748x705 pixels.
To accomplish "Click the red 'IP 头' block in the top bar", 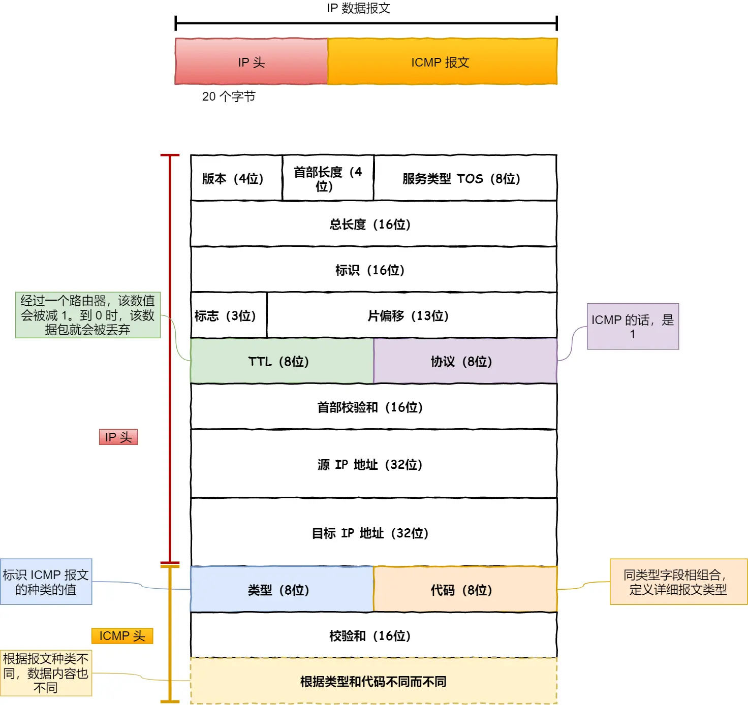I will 252,62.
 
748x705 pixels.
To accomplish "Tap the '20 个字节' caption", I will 229,97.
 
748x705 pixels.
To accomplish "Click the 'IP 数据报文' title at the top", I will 358,8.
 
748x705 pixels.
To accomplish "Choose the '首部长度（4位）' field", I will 328,178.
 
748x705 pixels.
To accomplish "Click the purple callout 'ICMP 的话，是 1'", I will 633,327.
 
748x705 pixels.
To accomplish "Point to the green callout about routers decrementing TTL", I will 88,315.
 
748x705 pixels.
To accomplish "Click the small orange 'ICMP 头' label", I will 122,636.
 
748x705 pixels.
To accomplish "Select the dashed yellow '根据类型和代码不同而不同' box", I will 373,681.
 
